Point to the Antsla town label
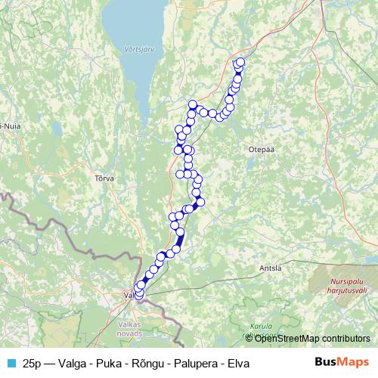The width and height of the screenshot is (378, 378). click(x=269, y=268)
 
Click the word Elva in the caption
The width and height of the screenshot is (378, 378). click(x=237, y=363)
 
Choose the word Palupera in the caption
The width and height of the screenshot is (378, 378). click(x=193, y=363)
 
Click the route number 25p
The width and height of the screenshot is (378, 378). click(x=33, y=363)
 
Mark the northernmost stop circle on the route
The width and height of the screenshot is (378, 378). click(x=240, y=62)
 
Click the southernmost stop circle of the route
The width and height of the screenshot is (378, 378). click(x=138, y=296)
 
